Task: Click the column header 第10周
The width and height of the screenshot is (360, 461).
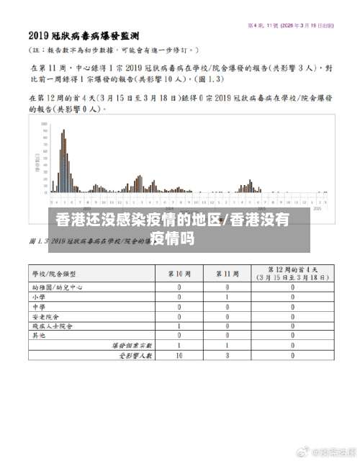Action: (179, 274)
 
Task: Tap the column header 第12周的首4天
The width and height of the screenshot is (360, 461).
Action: (292, 274)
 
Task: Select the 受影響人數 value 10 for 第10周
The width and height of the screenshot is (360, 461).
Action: (179, 354)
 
